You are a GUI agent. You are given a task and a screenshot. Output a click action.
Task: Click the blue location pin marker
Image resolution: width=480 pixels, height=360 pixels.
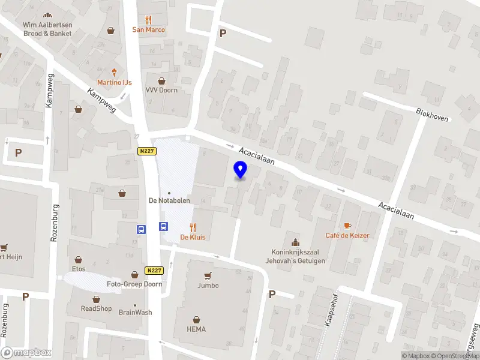pos(241,169)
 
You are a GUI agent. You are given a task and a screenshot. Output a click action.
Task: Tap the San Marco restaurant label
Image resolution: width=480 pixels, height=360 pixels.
pos(149,29)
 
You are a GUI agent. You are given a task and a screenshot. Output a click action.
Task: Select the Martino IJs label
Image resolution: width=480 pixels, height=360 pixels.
pos(115,82)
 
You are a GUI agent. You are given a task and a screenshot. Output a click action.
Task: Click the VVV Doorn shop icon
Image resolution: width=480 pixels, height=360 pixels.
pos(161,81)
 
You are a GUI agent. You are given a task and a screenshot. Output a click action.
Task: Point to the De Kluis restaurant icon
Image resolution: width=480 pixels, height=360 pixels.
pos(193,227)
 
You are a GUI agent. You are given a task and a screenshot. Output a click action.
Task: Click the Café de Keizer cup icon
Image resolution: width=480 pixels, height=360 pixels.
pos(347,225)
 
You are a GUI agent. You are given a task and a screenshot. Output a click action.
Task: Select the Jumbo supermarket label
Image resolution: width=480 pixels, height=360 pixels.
pos(208,286)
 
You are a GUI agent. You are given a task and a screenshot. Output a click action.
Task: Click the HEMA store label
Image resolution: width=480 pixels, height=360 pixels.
pos(196,329)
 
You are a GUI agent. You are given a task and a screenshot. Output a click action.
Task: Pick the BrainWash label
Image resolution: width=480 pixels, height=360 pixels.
pos(135,312)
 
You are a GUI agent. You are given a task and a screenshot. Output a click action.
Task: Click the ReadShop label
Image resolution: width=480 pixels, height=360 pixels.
pos(97,308)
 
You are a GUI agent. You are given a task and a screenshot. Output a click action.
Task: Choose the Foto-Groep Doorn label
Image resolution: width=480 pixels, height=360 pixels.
pos(134,284)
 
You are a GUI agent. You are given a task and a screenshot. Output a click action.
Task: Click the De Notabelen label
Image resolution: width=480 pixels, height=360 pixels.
pos(169,200)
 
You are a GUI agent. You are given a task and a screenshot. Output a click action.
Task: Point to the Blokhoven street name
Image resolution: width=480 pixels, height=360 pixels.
pos(432,114)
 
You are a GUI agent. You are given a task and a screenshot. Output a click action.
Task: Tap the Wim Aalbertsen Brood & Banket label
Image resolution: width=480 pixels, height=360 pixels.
pos(47,29)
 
